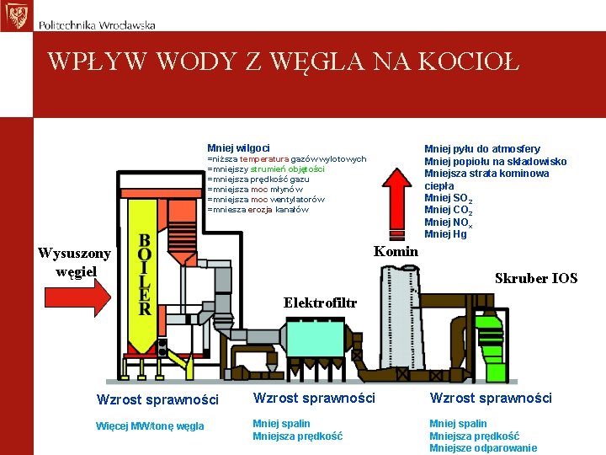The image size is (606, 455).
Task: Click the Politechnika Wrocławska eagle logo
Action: point(15,15)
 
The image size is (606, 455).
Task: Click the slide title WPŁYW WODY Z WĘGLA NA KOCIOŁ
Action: point(284,61)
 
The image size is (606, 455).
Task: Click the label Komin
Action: point(396,251)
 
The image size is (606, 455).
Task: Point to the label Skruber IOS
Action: point(536,278)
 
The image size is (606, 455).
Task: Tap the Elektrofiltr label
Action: point(320,302)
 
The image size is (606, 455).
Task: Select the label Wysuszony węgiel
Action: point(74,261)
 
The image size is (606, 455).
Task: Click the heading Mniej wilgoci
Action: point(238,148)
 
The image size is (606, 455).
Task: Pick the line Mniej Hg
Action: point(445,234)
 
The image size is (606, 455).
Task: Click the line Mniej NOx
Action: point(448,222)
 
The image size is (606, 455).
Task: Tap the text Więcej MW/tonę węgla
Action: point(151,426)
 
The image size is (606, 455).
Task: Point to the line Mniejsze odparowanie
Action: point(483,448)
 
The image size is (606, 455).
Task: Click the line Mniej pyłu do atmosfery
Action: point(482,149)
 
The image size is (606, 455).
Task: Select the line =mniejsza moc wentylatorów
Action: point(265,200)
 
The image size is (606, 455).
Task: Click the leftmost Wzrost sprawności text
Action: point(157,399)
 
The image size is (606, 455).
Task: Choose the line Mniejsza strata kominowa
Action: point(486,174)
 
